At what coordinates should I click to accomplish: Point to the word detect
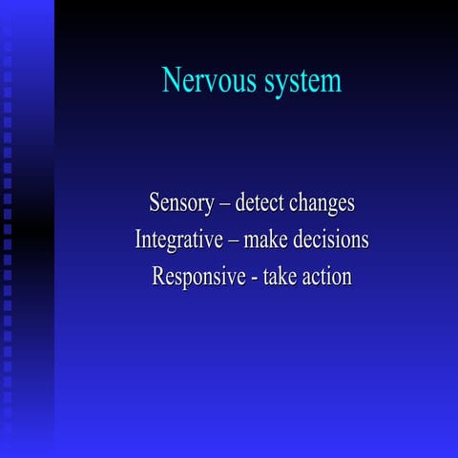tap(261, 203)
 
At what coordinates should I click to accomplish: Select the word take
tap(282, 278)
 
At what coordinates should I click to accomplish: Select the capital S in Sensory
tap(155, 203)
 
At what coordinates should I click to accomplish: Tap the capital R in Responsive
tap(159, 278)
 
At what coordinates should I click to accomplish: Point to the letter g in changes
tap(331, 206)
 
